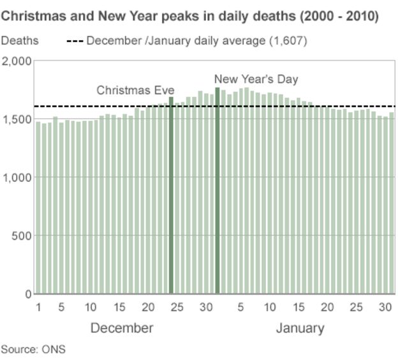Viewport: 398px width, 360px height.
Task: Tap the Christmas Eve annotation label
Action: click(135, 91)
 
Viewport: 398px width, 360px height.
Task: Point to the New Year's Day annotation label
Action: click(256, 79)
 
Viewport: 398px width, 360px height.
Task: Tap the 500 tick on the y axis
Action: click(21, 236)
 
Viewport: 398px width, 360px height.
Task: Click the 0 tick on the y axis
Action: click(26, 294)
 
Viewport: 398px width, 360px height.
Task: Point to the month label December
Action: click(122, 328)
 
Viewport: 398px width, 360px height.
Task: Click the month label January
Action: click(300, 328)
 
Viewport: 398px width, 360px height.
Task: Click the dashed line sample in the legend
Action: click(75, 41)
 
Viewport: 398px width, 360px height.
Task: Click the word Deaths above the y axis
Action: click(20, 41)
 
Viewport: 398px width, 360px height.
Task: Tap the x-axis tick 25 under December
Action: click(177, 307)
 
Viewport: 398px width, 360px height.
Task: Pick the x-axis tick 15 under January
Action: click(298, 307)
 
